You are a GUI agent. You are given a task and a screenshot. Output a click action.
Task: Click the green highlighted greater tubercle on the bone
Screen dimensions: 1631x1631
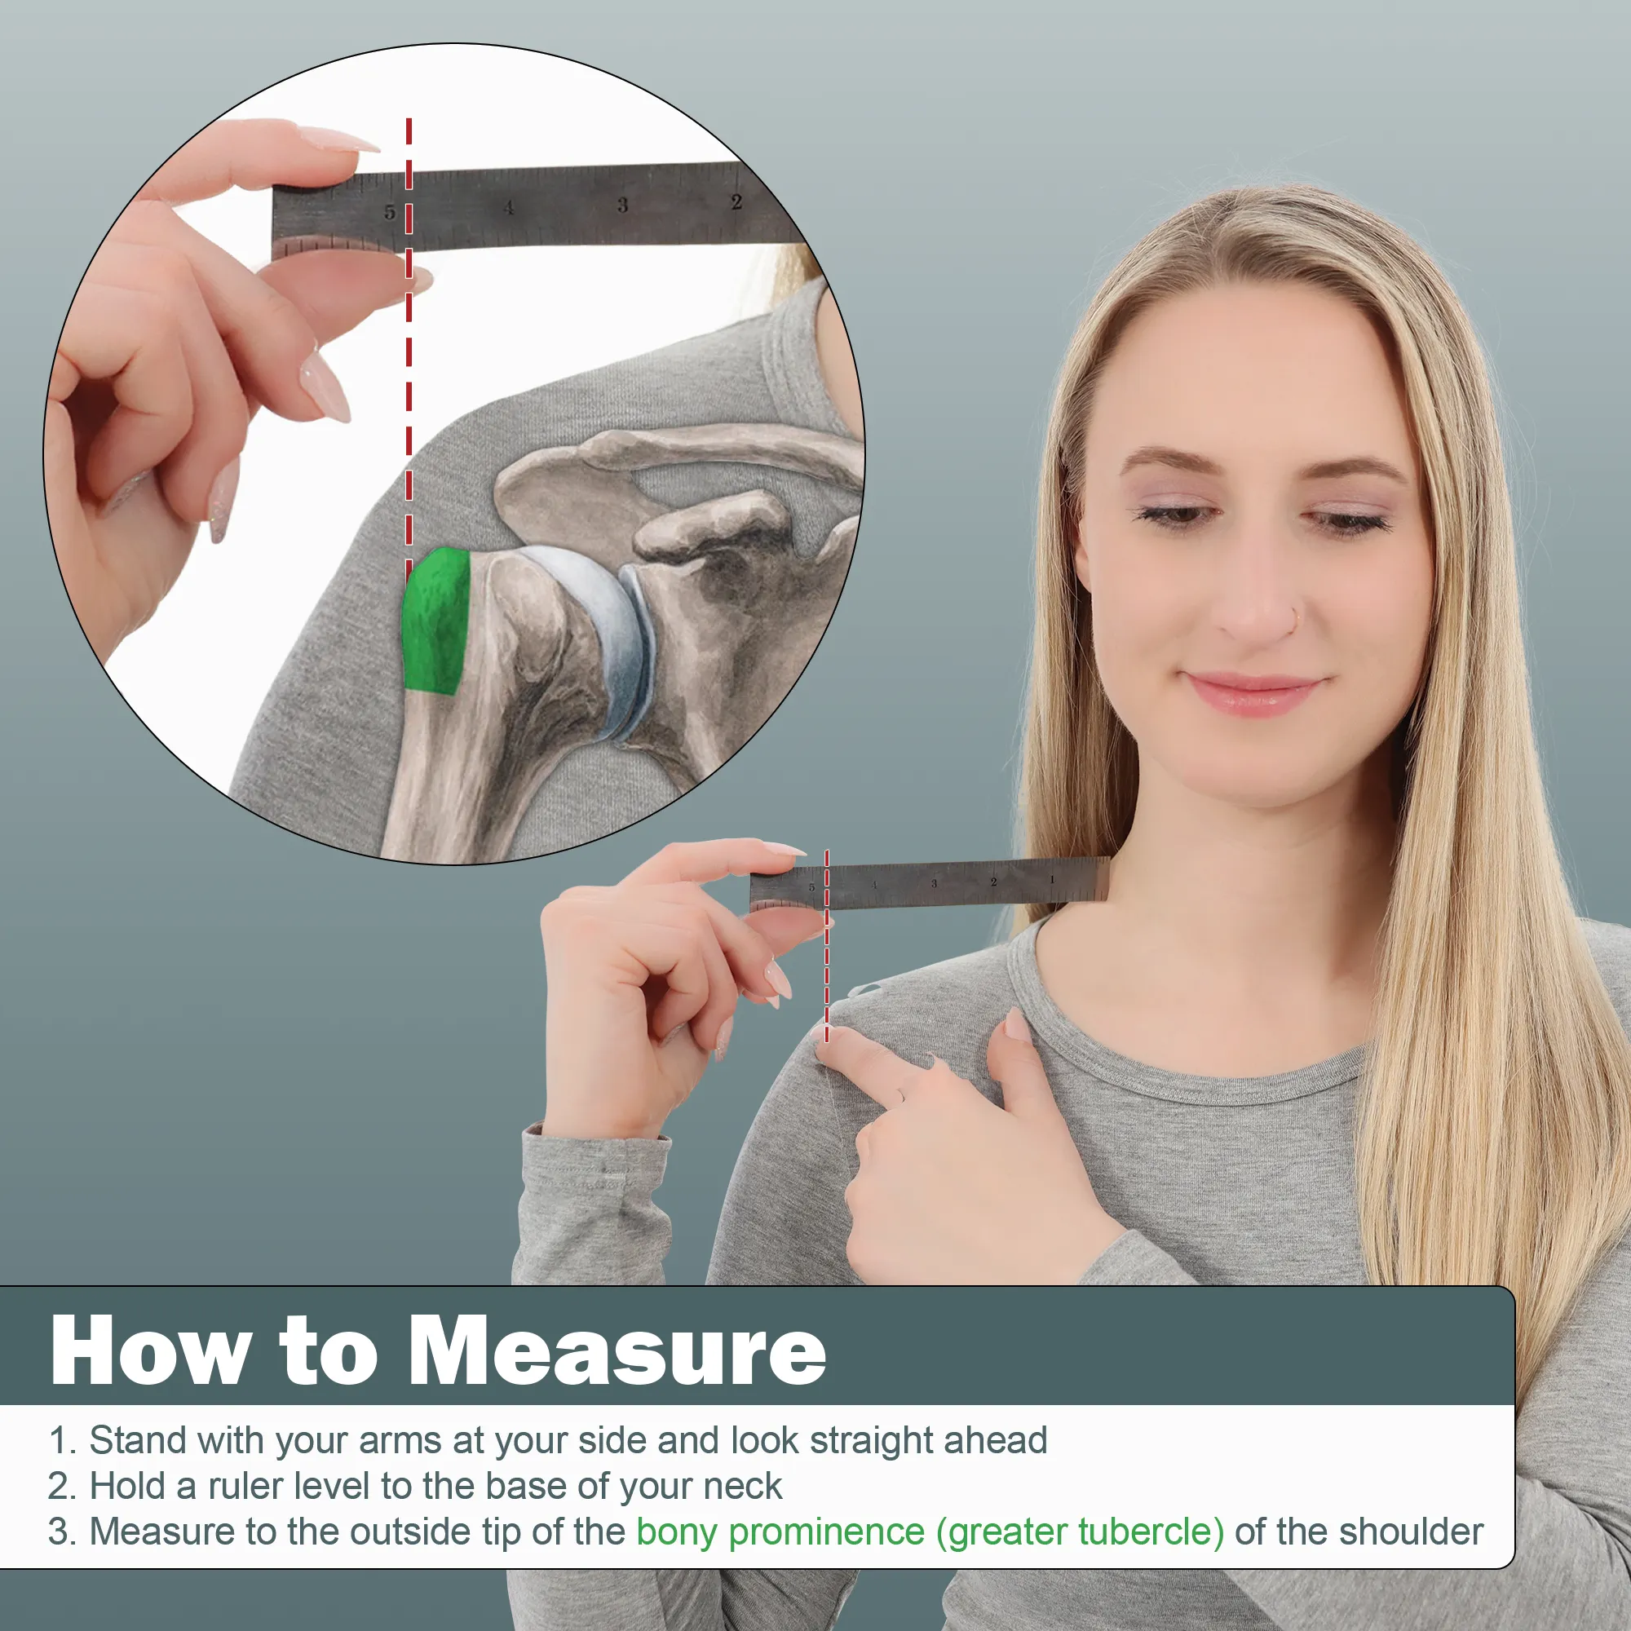[435, 621]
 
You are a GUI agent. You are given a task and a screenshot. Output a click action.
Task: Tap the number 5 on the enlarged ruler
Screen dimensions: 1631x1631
[389, 212]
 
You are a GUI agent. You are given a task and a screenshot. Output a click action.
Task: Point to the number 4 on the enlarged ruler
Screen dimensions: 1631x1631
[508, 208]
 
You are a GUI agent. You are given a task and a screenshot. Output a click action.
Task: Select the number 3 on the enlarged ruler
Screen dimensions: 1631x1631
[622, 205]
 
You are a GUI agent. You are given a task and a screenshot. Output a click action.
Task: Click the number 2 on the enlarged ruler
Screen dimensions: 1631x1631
[736, 201]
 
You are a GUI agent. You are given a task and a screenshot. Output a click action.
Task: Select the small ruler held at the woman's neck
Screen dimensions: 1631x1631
[929, 883]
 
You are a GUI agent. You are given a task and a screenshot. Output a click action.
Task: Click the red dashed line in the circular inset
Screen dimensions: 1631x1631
[409, 338]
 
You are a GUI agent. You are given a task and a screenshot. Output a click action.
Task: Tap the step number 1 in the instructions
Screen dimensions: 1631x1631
[58, 1440]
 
